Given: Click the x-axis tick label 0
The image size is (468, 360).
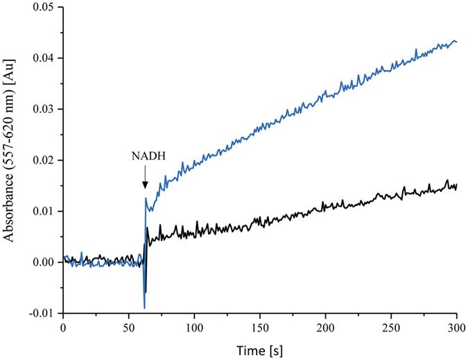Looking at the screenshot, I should [x=63, y=326].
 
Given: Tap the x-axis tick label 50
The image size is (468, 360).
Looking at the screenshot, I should [x=129, y=326].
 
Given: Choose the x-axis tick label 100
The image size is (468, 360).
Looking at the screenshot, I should [x=194, y=326].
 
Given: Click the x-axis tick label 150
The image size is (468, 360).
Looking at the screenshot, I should [x=260, y=326].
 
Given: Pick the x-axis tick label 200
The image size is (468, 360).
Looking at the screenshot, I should [x=325, y=326].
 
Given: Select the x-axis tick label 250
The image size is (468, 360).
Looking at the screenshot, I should [x=391, y=326].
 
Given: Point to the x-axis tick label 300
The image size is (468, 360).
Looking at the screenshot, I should [x=456, y=326].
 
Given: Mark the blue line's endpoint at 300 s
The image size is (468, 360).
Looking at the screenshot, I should [x=456, y=42].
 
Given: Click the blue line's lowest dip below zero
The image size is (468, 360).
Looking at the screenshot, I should [x=144, y=307].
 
